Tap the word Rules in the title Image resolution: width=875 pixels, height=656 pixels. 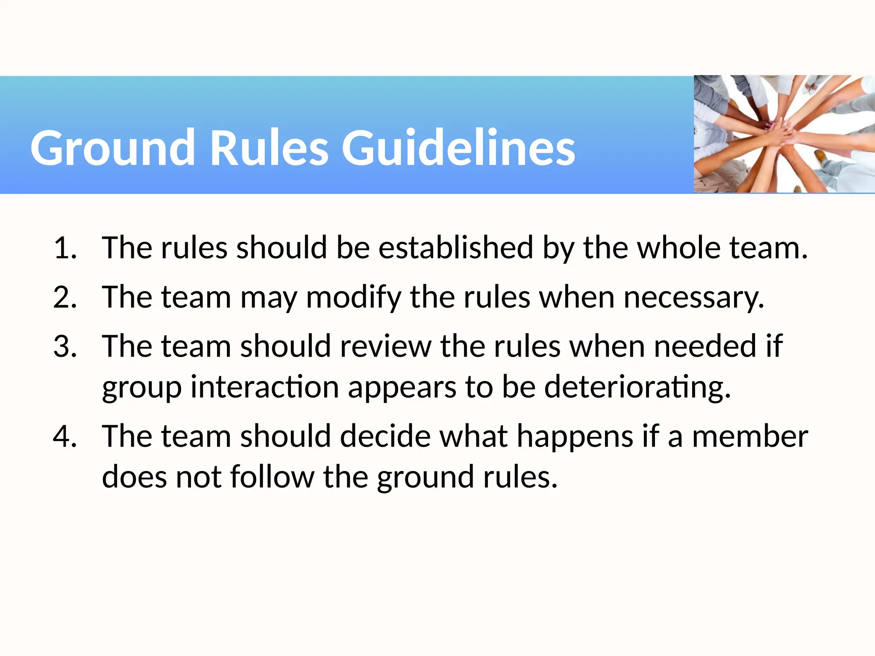[x=270, y=148]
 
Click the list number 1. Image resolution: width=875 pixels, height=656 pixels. [x=64, y=248]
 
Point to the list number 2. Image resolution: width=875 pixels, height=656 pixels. [x=64, y=297]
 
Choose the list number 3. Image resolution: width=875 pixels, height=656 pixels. [x=64, y=346]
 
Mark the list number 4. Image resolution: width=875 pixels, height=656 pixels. [x=64, y=436]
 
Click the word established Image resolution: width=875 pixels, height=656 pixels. [x=456, y=248]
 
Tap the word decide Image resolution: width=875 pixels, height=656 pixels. [x=385, y=436]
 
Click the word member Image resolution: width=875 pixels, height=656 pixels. [x=750, y=436]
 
